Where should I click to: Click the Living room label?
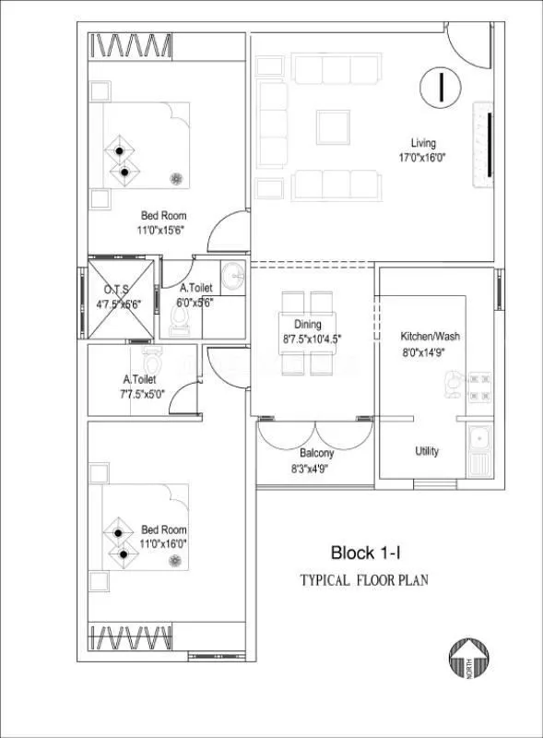[x=423, y=143]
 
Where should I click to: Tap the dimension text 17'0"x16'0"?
[x=423, y=158]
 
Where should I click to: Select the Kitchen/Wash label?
[x=430, y=336]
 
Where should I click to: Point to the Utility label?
[x=427, y=451]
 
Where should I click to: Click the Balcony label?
[x=316, y=454]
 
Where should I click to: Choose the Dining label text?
[x=308, y=325]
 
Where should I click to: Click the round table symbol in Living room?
[x=442, y=87]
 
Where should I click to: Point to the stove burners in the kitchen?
[x=478, y=388]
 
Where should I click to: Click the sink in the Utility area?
[x=478, y=451]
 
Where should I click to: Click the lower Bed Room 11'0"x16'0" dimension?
[x=163, y=544]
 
